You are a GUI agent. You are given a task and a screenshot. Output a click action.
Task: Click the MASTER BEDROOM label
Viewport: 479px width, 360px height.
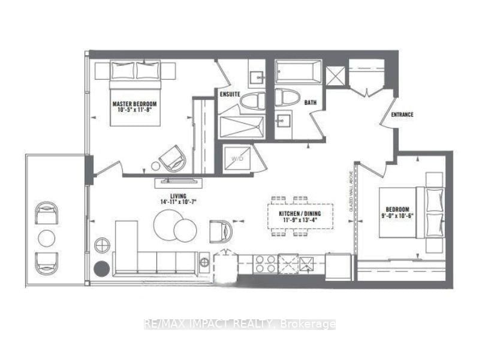(135, 104)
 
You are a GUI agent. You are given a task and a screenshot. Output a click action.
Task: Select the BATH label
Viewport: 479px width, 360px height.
(310, 103)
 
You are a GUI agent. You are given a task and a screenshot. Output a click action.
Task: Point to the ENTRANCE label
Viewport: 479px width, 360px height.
(402, 114)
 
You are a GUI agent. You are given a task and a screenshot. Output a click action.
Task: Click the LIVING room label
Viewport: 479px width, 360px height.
(177, 196)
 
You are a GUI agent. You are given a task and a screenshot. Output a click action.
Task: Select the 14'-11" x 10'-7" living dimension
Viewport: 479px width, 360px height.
(178, 203)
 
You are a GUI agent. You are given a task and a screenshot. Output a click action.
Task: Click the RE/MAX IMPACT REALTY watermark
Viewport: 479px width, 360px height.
(240, 324)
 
